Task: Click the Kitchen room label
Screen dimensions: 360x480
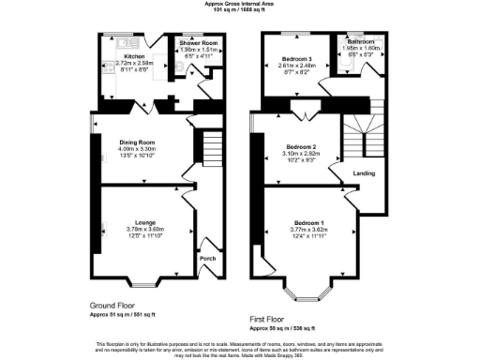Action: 135,56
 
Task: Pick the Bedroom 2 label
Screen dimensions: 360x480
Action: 300,147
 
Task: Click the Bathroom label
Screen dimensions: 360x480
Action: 360,43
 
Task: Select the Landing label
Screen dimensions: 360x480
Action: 364,174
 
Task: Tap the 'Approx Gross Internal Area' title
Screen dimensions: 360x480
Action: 240,4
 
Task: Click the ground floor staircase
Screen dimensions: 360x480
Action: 211,151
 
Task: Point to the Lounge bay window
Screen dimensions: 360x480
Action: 142,282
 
